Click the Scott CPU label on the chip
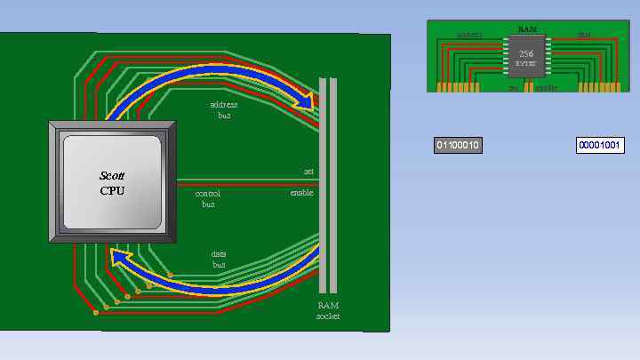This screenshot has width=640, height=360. pyautogui.click(x=112, y=183)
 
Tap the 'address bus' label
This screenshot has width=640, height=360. pyautogui.click(x=223, y=110)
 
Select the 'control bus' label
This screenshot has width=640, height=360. pyautogui.click(x=208, y=198)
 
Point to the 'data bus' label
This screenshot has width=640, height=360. pyautogui.click(x=219, y=259)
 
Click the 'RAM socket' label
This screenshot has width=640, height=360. pyautogui.click(x=328, y=310)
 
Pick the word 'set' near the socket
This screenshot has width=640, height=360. pyautogui.click(x=308, y=172)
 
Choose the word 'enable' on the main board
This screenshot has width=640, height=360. pyautogui.click(x=301, y=193)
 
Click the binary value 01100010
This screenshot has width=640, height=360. pyautogui.click(x=458, y=145)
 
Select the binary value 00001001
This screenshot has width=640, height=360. pyautogui.click(x=600, y=145)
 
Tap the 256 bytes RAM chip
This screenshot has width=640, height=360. pyautogui.click(x=526, y=58)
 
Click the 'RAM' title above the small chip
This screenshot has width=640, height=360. pyautogui.click(x=526, y=29)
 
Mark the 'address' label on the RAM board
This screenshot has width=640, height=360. pyautogui.click(x=468, y=36)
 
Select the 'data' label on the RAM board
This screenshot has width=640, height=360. pyautogui.click(x=584, y=36)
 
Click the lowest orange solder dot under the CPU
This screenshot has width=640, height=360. pyautogui.click(x=96, y=313)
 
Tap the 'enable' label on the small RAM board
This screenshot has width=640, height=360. pyautogui.click(x=547, y=88)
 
